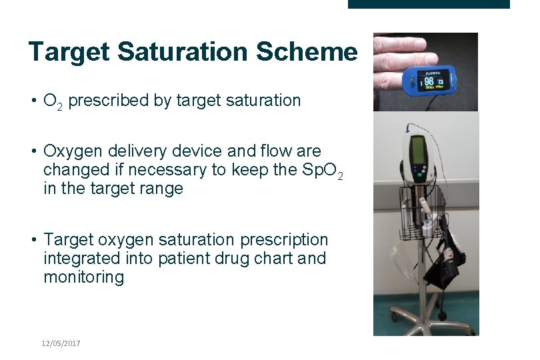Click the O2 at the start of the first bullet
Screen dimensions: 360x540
coord(53,101)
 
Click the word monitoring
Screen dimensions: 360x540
coord(84,277)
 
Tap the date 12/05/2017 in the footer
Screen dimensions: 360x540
coord(61,343)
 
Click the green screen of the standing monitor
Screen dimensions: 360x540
coord(419,151)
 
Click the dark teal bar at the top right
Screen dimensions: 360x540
coord(429,4)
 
